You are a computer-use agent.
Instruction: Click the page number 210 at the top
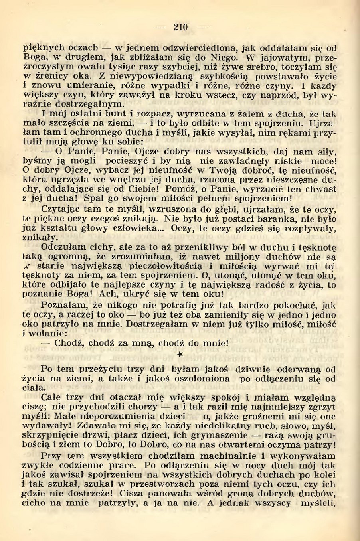tap(181, 27)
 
